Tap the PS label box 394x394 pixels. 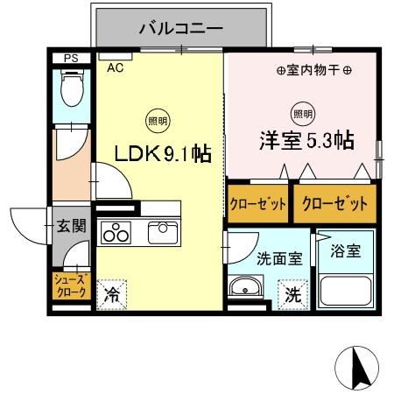tap(71, 59)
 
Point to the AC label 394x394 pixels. tap(115, 67)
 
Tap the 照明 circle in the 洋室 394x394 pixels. tap(301, 112)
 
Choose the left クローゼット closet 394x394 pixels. tap(258, 204)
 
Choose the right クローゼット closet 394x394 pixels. tap(330, 204)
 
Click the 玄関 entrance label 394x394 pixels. tap(72, 226)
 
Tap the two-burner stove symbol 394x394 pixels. tap(116, 234)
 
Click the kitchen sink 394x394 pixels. tap(163, 232)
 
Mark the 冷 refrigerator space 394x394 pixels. tap(112, 295)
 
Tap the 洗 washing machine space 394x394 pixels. tap(292, 295)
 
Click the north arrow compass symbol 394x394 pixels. tap(359, 366)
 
